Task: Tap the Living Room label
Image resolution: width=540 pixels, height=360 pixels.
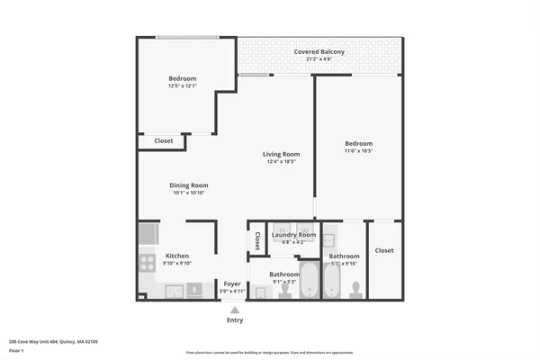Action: click(281, 154)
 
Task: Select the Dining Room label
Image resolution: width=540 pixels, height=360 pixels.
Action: click(189, 185)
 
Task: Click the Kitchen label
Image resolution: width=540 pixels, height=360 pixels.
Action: click(176, 256)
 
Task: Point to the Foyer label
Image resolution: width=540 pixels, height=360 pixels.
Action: click(232, 283)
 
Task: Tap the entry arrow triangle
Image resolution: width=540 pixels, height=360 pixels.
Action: click(235, 309)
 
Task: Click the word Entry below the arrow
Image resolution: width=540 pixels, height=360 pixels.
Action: click(235, 320)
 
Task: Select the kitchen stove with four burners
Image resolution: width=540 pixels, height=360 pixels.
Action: click(148, 264)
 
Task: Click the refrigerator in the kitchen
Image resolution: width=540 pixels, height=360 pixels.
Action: click(148, 236)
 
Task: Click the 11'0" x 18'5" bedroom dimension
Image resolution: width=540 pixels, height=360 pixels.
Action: click(358, 151)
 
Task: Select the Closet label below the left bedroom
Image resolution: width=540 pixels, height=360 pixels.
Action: click(163, 141)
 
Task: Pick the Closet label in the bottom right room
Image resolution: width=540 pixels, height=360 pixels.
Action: click(384, 250)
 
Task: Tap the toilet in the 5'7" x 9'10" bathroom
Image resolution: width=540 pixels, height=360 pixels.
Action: click(355, 288)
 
